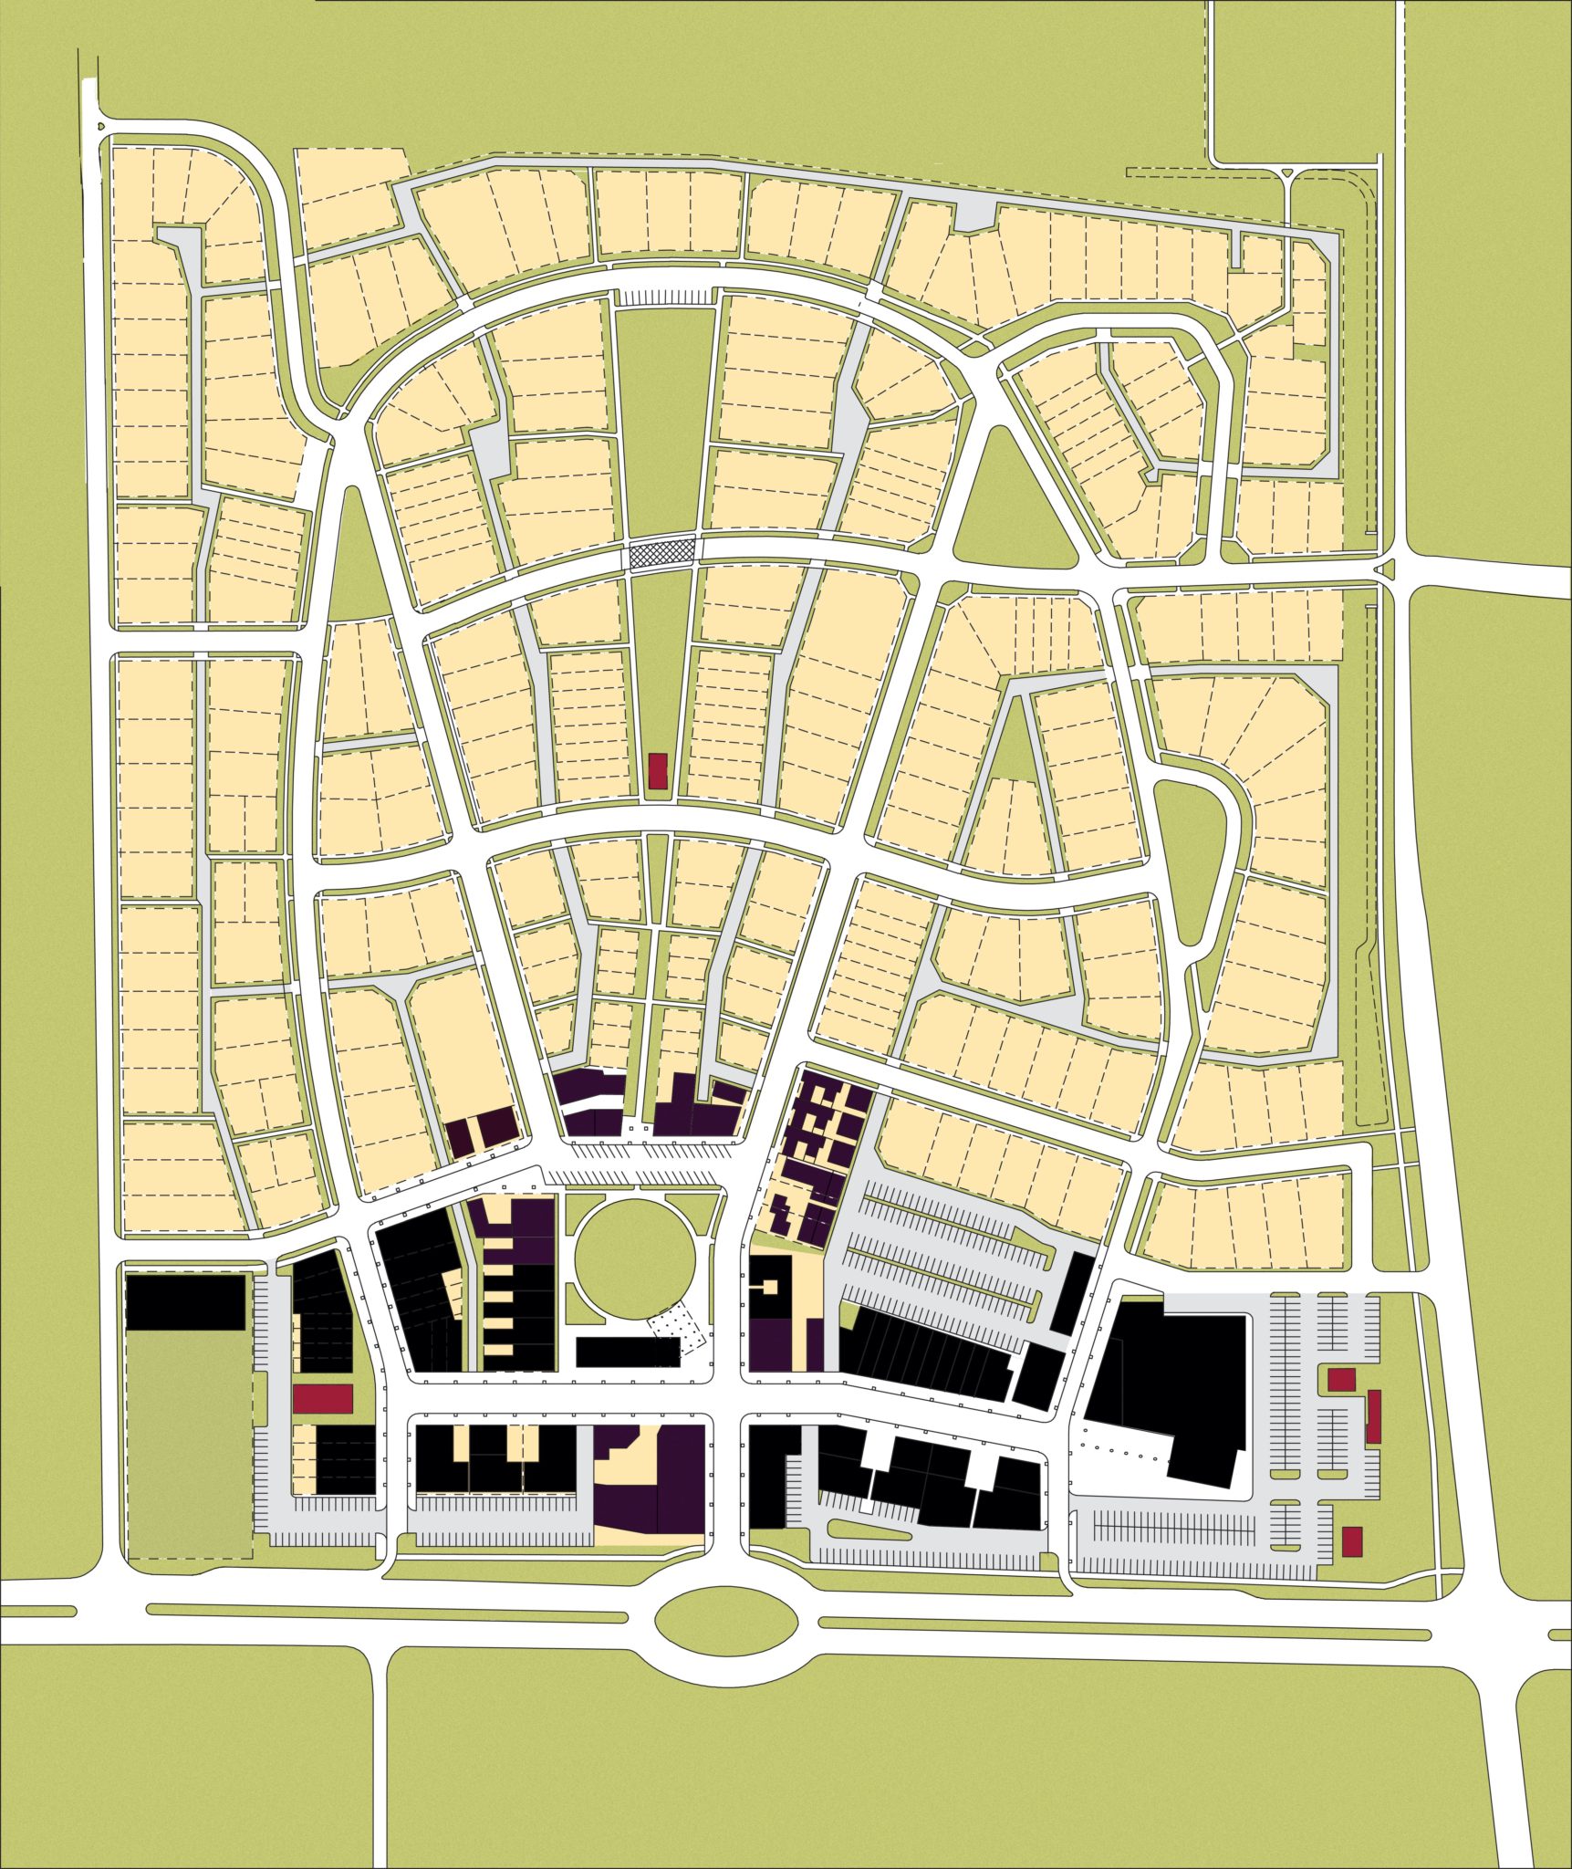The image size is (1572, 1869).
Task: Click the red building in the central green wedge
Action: [657, 770]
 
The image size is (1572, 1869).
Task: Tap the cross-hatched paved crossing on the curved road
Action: [662, 553]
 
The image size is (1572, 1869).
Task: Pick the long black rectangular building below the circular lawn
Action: [629, 1352]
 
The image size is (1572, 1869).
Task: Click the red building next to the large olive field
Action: [322, 1397]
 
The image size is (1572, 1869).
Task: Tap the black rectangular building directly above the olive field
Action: [185, 1301]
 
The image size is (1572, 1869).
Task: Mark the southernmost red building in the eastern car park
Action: [1351, 1540]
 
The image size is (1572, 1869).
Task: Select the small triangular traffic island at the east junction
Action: [1387, 570]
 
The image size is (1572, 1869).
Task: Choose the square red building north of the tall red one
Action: [1340, 1379]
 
